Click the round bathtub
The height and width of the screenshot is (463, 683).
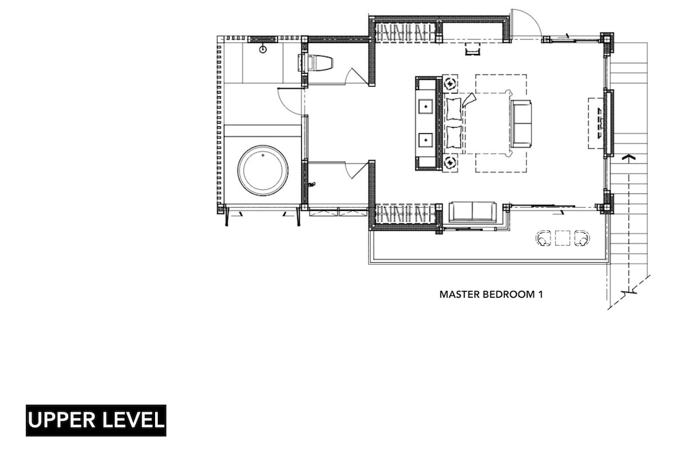click(x=263, y=170)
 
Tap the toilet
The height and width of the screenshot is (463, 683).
click(x=316, y=62)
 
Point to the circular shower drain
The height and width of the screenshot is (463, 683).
click(x=263, y=49)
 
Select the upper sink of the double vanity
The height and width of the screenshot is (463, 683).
click(x=426, y=106)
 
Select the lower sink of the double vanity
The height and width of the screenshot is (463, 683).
click(x=426, y=140)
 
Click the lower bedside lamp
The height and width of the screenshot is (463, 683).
click(x=450, y=163)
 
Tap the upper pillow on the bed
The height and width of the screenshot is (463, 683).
click(x=454, y=109)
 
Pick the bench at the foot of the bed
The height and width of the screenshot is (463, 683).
click(x=521, y=124)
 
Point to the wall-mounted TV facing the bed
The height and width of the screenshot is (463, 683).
click(x=607, y=123)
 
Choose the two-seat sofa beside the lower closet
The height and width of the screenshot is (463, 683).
click(x=472, y=212)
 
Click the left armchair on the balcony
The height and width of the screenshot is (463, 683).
click(x=543, y=238)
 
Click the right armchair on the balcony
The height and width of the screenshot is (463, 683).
click(x=583, y=238)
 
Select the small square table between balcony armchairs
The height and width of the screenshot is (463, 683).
click(x=563, y=238)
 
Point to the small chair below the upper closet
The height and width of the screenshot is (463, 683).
click(x=472, y=49)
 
